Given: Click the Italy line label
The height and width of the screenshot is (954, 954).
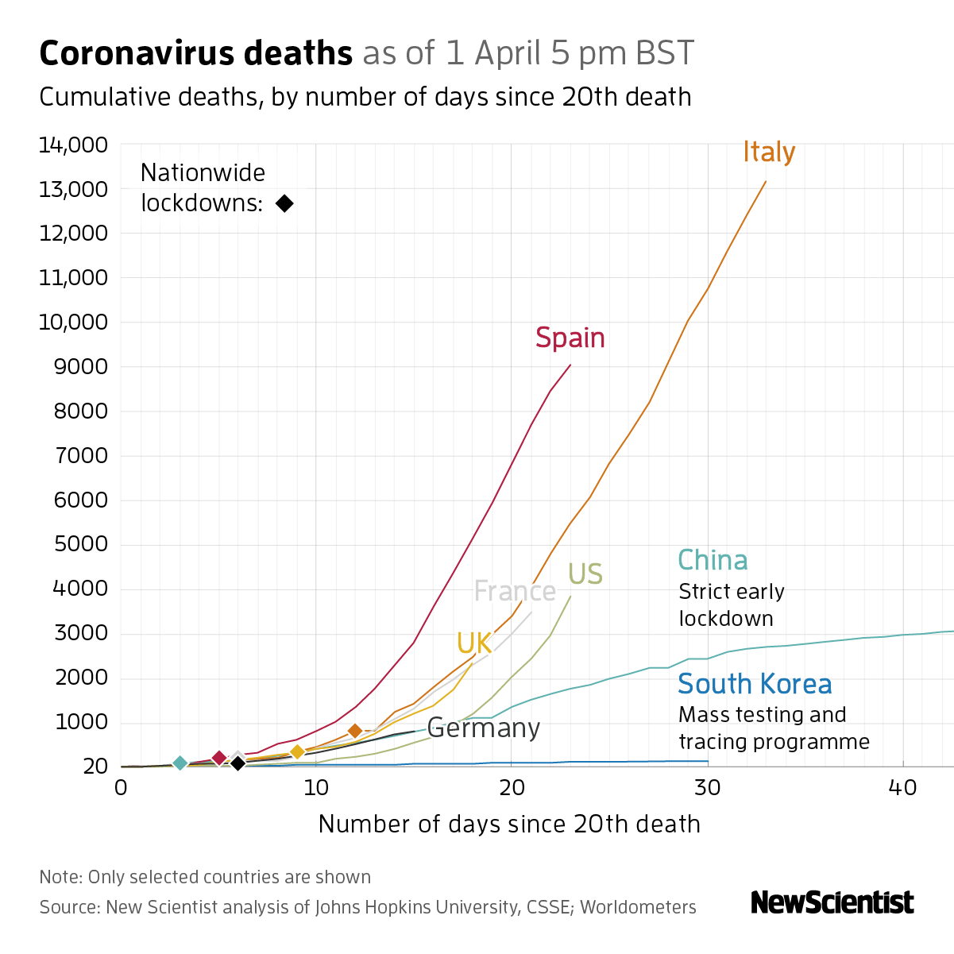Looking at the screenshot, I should coord(769,152).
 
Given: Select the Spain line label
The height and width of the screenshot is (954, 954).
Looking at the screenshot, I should coord(570,338).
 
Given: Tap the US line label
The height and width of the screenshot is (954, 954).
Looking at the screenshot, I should coord(585,574).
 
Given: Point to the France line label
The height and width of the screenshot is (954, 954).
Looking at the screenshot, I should coord(515,591).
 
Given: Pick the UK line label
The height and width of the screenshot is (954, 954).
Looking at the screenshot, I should coord(474,643).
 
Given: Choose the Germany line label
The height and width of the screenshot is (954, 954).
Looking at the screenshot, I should coord(483,728).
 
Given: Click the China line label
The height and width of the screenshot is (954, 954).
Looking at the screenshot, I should coord(713,560).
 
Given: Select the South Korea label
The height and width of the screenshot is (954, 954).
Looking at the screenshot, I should coord(755,684).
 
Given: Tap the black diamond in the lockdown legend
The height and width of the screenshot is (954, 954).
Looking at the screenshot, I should coord(284,203).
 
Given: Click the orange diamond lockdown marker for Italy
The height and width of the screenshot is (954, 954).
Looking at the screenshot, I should coord(355,731).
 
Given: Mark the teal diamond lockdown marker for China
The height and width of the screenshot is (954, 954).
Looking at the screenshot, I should coord(180,763).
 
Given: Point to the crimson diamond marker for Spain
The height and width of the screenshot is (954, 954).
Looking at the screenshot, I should coord(219,759).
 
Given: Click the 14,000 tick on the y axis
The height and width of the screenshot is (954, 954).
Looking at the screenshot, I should coord(73,145).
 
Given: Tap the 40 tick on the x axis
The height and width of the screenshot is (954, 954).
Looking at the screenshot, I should coord(903,787).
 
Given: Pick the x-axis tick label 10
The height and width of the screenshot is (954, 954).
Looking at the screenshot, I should coord(316,787).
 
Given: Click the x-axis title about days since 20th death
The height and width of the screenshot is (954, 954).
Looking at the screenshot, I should coord(509,824).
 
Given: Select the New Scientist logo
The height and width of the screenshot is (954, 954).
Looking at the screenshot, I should coord(832,902).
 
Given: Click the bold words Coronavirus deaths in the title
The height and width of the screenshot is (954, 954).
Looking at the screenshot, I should coord(196,53).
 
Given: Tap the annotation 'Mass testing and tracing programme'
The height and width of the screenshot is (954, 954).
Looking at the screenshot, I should coord(774,728).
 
